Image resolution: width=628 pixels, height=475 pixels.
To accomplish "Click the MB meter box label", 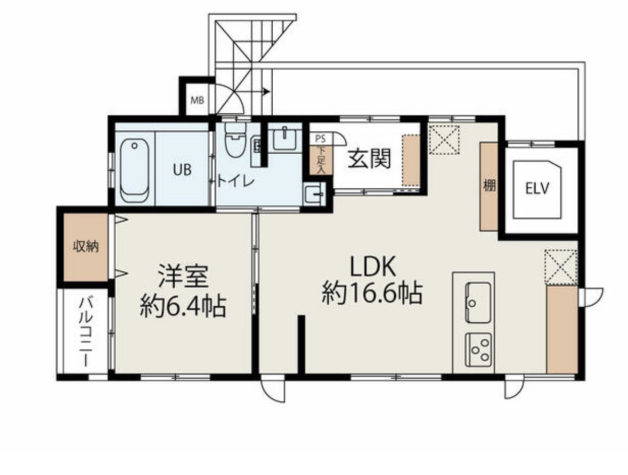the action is (x=197, y=100).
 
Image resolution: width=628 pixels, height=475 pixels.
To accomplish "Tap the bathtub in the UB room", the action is (x=135, y=170).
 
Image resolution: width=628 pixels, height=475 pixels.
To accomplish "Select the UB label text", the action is (x=182, y=170).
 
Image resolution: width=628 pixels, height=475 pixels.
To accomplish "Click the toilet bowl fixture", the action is (x=235, y=139).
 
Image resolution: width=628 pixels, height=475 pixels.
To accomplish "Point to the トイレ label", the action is (x=236, y=181).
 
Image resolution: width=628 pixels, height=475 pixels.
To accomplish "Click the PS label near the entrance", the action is (x=321, y=139).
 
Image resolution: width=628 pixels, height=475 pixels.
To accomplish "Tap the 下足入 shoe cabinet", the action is (x=321, y=160).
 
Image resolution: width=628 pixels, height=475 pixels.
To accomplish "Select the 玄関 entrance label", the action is (x=369, y=160).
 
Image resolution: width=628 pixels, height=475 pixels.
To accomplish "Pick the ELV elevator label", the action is (x=537, y=188).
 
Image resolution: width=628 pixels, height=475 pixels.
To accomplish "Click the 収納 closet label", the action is (x=86, y=247).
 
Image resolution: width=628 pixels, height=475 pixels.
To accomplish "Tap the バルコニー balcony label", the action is (x=85, y=331).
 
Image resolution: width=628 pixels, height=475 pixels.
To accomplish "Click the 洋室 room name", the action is (x=183, y=276).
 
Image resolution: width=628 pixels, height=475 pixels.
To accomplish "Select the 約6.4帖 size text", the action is (x=183, y=306).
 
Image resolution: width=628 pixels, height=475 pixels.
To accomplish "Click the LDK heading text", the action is (x=373, y=266).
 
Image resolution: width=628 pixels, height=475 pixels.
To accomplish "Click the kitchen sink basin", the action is (x=478, y=302).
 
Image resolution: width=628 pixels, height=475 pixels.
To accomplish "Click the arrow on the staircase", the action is (x=265, y=92).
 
